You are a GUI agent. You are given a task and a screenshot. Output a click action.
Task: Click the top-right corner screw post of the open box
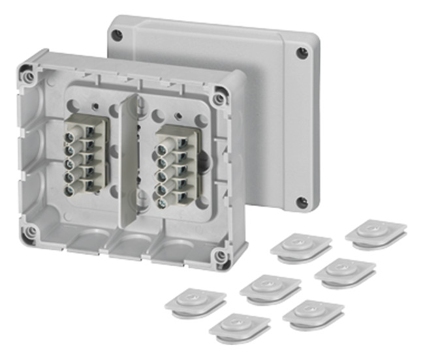(x=220, y=98)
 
